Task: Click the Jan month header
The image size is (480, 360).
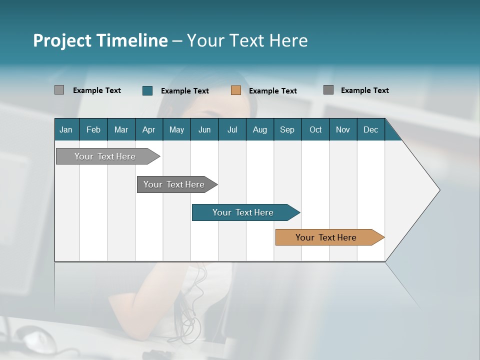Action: click(66, 129)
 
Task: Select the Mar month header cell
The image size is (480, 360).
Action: click(121, 129)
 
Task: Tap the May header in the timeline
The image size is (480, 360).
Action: click(176, 129)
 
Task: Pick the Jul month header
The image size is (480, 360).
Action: click(232, 129)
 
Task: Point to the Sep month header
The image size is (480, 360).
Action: click(287, 129)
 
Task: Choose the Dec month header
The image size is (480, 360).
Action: click(370, 129)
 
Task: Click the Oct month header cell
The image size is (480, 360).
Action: click(315, 129)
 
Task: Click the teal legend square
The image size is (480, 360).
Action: click(147, 90)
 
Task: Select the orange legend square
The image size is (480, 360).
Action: click(236, 90)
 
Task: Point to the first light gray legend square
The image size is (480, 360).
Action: click(59, 90)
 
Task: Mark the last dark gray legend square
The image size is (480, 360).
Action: click(328, 90)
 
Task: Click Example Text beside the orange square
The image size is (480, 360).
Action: click(273, 91)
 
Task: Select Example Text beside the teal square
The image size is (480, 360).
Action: click(185, 91)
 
